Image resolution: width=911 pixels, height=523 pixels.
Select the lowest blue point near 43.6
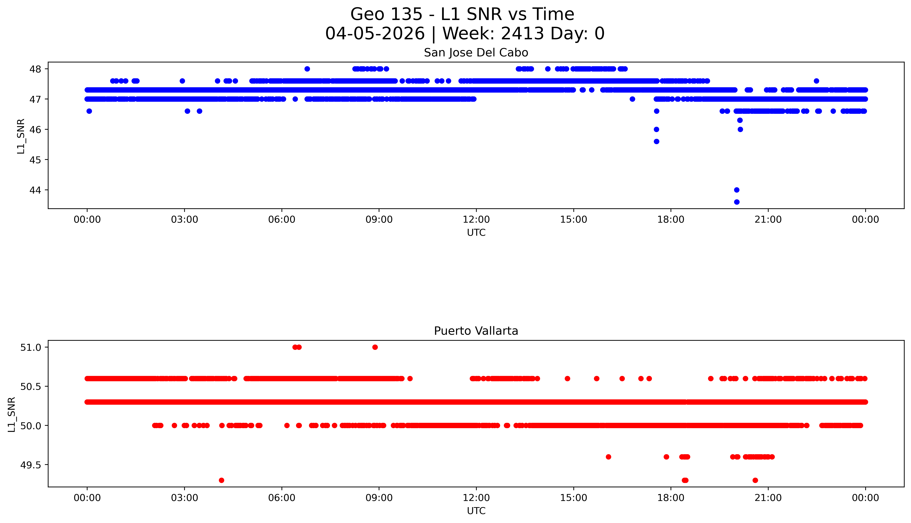click(737, 202)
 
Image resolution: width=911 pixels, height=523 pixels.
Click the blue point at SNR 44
click(737, 190)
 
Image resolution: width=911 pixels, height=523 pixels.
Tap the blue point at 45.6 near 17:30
click(656, 142)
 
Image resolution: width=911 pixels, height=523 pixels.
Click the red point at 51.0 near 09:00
click(375, 347)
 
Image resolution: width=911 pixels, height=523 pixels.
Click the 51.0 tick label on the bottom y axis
click(31, 347)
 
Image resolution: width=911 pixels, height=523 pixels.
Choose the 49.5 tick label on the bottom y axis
click(31, 465)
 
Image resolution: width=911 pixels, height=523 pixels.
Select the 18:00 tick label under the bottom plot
click(671, 498)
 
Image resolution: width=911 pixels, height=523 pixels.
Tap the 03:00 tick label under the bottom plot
click(185, 498)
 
